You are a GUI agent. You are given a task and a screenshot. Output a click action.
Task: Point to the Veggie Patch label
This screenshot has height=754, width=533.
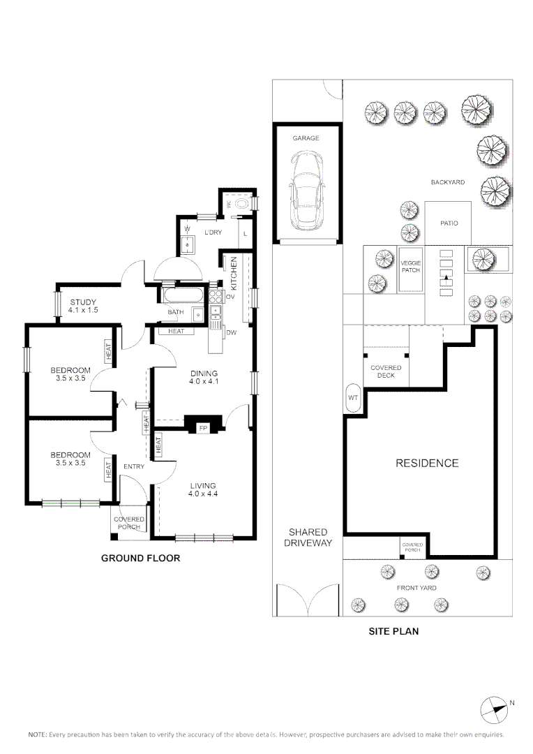[x=410, y=266]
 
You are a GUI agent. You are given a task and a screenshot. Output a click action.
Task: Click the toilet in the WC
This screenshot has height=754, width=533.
[x=241, y=203]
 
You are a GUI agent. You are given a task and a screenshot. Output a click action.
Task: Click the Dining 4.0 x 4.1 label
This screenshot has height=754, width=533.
[x=203, y=377]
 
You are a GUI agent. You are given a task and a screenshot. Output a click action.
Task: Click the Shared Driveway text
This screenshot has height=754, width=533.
[x=308, y=537]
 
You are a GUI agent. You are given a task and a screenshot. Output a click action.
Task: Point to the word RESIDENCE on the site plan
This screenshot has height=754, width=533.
[x=427, y=463]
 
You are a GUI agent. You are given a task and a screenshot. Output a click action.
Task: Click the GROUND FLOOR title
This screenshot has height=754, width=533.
[x=141, y=558]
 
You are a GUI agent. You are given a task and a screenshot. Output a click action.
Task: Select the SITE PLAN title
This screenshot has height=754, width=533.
[x=393, y=631]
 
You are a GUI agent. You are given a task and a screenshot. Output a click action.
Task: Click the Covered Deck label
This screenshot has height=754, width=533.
[x=386, y=371]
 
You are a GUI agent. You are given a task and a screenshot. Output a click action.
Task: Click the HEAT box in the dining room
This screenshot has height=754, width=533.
[x=176, y=331]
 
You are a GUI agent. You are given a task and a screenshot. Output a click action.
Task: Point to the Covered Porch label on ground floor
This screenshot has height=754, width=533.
[x=129, y=522]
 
